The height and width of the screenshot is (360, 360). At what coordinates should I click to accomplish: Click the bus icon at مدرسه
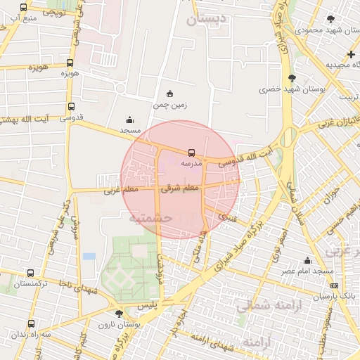191,152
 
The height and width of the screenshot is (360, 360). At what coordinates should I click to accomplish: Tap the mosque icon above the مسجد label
129,120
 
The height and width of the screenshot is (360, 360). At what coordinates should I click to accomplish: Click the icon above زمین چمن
169,94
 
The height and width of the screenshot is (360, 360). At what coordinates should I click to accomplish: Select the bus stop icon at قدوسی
70,107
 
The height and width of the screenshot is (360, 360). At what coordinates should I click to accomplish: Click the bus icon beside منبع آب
24,7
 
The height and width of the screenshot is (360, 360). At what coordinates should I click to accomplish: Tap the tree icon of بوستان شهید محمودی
331,19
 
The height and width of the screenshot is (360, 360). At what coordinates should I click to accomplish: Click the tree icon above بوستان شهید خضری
292,78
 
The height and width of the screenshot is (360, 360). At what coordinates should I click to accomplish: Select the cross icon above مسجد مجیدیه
351,54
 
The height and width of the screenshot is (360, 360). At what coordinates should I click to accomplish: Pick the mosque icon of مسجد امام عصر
307,260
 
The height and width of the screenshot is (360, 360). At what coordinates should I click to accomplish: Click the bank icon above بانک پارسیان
334,285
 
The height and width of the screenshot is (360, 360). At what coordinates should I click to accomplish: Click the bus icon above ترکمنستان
30,273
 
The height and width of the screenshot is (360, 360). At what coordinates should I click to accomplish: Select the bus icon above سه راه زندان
31,323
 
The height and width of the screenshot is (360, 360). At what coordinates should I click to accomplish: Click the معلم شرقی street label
181,188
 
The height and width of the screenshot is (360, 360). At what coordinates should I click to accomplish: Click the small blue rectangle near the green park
89,256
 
